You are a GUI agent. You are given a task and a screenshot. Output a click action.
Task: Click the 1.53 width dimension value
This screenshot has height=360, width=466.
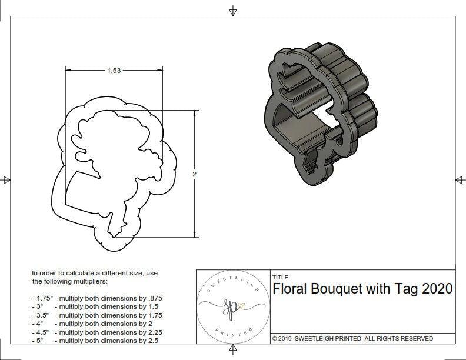[114, 71]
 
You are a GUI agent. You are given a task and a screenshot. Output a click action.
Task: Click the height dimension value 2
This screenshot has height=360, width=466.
[195, 174]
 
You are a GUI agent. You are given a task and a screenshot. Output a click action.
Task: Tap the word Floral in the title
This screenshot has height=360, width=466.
[292, 289]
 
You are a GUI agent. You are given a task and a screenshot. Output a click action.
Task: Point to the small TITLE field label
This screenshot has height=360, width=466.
[280, 277]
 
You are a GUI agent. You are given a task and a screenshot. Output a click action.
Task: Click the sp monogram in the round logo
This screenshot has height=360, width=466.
[232, 306]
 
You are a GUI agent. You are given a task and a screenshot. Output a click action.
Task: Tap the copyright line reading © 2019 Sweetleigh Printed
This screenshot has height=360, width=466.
[352, 338]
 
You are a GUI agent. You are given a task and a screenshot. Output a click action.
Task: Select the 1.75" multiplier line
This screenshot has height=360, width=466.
[97, 298]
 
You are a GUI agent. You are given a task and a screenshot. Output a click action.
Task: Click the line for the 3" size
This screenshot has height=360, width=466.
[95, 306]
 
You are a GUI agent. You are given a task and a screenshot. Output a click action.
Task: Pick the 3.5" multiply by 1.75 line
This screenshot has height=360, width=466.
[97, 315]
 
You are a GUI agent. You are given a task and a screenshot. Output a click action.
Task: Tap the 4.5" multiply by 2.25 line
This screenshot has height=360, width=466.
[97, 332]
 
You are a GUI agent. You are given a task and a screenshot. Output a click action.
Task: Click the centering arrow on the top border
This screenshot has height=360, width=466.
[233, 11]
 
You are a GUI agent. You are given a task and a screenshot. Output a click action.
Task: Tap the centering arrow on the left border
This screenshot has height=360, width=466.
[6, 180]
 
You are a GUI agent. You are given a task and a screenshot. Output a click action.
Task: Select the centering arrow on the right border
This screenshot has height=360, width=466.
[459, 180]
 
